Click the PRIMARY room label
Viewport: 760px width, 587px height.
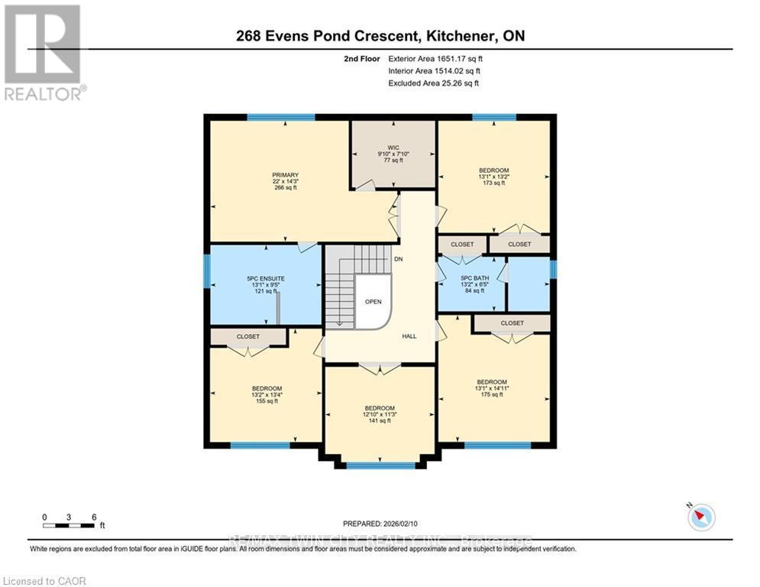(285, 175)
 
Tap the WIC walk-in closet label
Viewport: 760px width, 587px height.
(393, 148)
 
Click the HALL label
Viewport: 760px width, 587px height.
(409, 336)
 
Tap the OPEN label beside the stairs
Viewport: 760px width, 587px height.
(373, 301)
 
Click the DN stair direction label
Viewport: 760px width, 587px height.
(398, 260)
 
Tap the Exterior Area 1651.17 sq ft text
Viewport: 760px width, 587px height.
(435, 58)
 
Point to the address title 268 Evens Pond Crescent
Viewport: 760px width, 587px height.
(380, 36)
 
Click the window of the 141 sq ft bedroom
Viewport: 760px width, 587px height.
(380, 465)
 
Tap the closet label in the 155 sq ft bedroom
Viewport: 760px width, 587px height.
(247, 336)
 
